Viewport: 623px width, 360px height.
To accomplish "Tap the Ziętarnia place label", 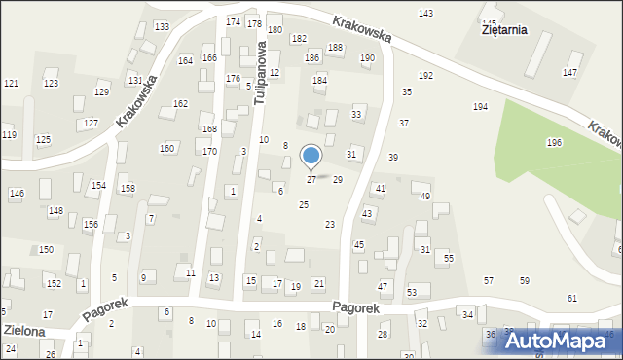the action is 504,29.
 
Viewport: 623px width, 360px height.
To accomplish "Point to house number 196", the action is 554,143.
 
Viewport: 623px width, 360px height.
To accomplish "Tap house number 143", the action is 425,13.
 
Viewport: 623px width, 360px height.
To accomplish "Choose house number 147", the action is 570,73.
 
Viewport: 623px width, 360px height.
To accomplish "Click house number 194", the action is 480,106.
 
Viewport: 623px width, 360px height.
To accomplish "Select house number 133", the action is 162,26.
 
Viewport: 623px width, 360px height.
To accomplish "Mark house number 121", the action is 11,84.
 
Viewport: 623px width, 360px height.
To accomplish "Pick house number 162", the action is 180,103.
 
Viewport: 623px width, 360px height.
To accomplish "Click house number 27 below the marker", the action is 311,180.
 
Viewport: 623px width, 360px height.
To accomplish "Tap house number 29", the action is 338,180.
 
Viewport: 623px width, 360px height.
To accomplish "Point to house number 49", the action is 425,197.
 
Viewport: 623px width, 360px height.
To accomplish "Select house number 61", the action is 572,298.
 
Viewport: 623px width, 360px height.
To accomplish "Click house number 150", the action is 46,250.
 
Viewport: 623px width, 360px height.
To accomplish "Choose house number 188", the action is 335,48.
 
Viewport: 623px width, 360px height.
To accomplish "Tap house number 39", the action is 393,158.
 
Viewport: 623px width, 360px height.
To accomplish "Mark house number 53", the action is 412,293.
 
